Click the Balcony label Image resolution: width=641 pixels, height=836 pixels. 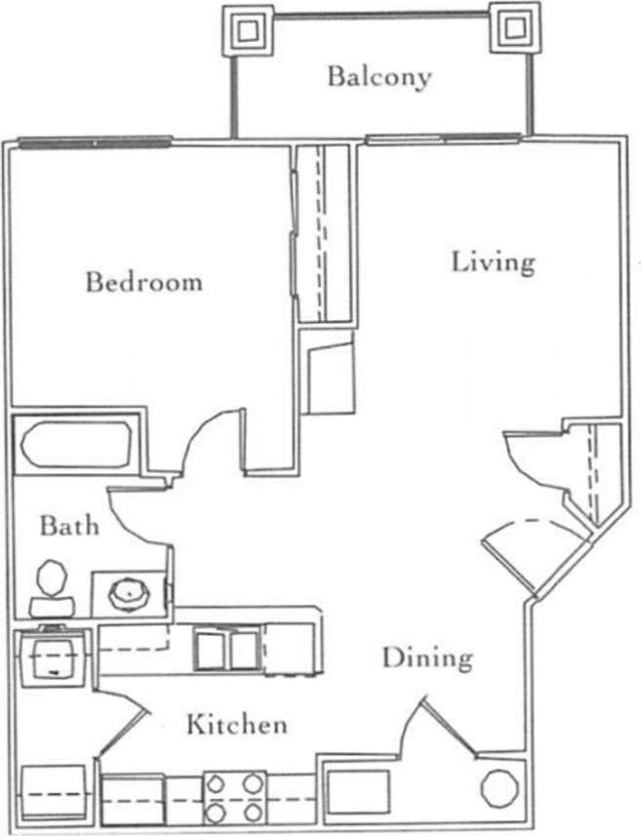(379, 76)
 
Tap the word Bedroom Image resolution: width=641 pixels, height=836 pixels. (144, 283)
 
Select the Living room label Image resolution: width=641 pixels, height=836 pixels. (493, 262)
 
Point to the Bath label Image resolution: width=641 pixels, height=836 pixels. (69, 526)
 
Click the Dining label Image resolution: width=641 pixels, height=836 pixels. (426, 658)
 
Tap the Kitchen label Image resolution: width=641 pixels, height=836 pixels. (236, 725)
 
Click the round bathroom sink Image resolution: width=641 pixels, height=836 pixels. (127, 591)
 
